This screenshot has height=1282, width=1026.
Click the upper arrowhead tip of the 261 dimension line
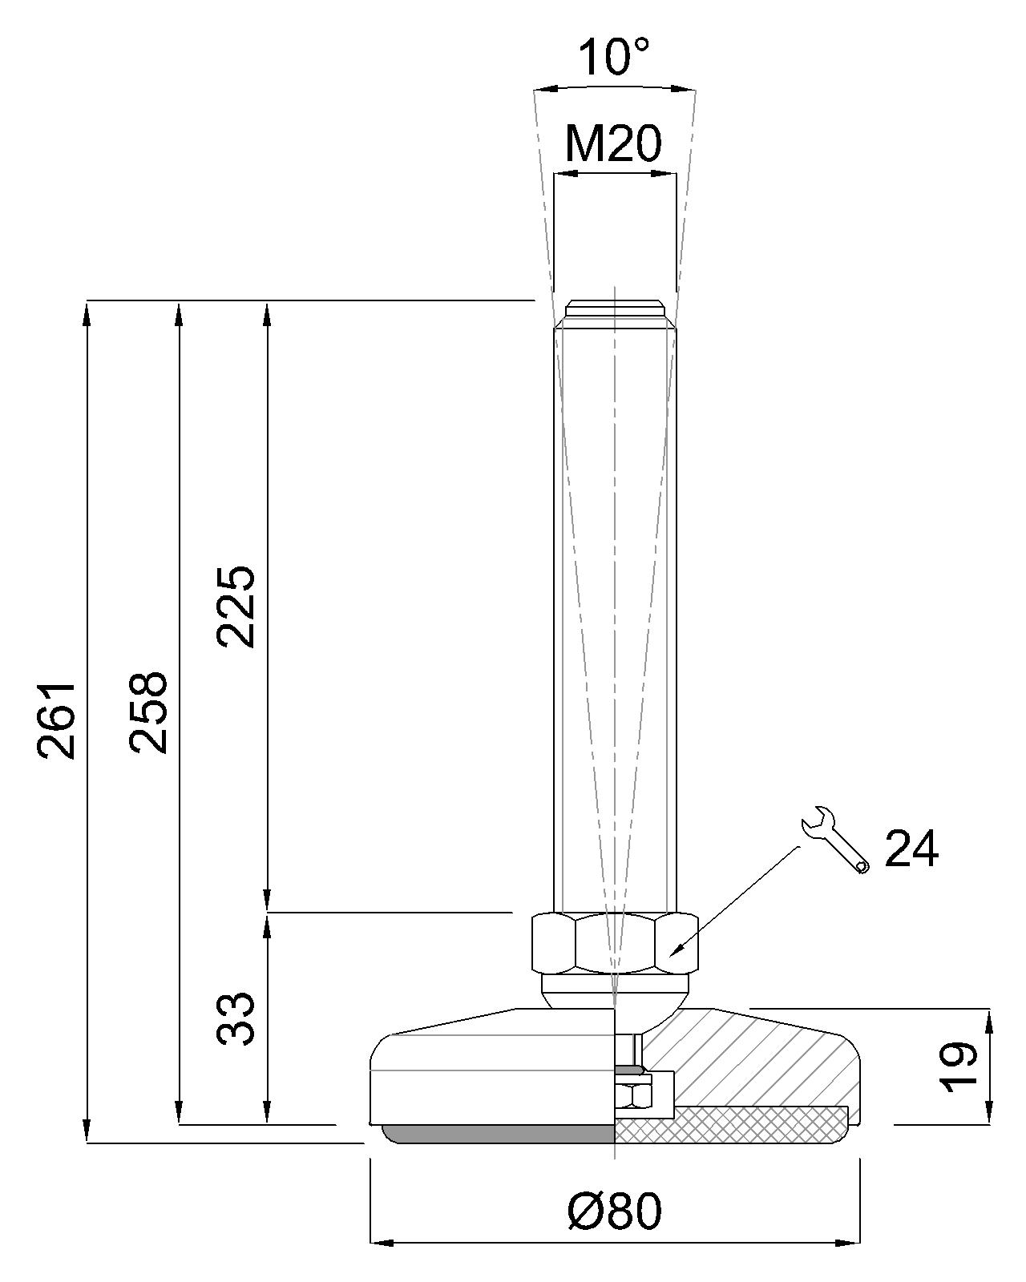click(87, 301)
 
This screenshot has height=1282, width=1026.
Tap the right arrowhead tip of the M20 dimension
click(677, 174)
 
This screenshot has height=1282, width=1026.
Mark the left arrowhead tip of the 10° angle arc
click(534, 91)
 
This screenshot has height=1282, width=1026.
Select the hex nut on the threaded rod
click(614, 944)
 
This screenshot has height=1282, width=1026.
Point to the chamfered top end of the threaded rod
click(614, 313)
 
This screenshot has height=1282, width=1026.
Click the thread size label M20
click(613, 143)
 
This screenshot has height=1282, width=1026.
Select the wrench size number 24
click(911, 848)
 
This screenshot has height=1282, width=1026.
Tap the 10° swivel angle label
click(613, 57)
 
